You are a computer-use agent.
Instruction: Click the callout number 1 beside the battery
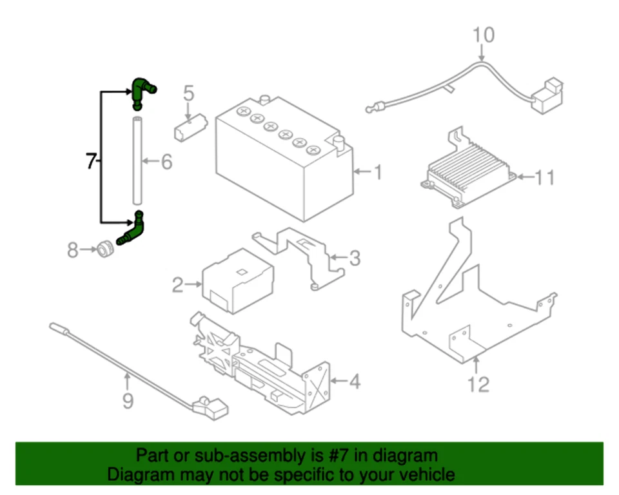(378, 173)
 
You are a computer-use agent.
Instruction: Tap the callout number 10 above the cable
(484, 35)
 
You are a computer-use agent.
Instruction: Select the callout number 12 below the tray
(478, 385)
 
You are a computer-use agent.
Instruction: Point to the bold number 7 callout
(92, 161)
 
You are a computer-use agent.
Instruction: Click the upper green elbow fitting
(142, 90)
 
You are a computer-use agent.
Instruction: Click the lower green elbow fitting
(132, 231)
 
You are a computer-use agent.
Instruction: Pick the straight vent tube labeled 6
(137, 160)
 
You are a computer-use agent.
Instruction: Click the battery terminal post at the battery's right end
(337, 143)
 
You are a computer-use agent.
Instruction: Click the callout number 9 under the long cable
(128, 402)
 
